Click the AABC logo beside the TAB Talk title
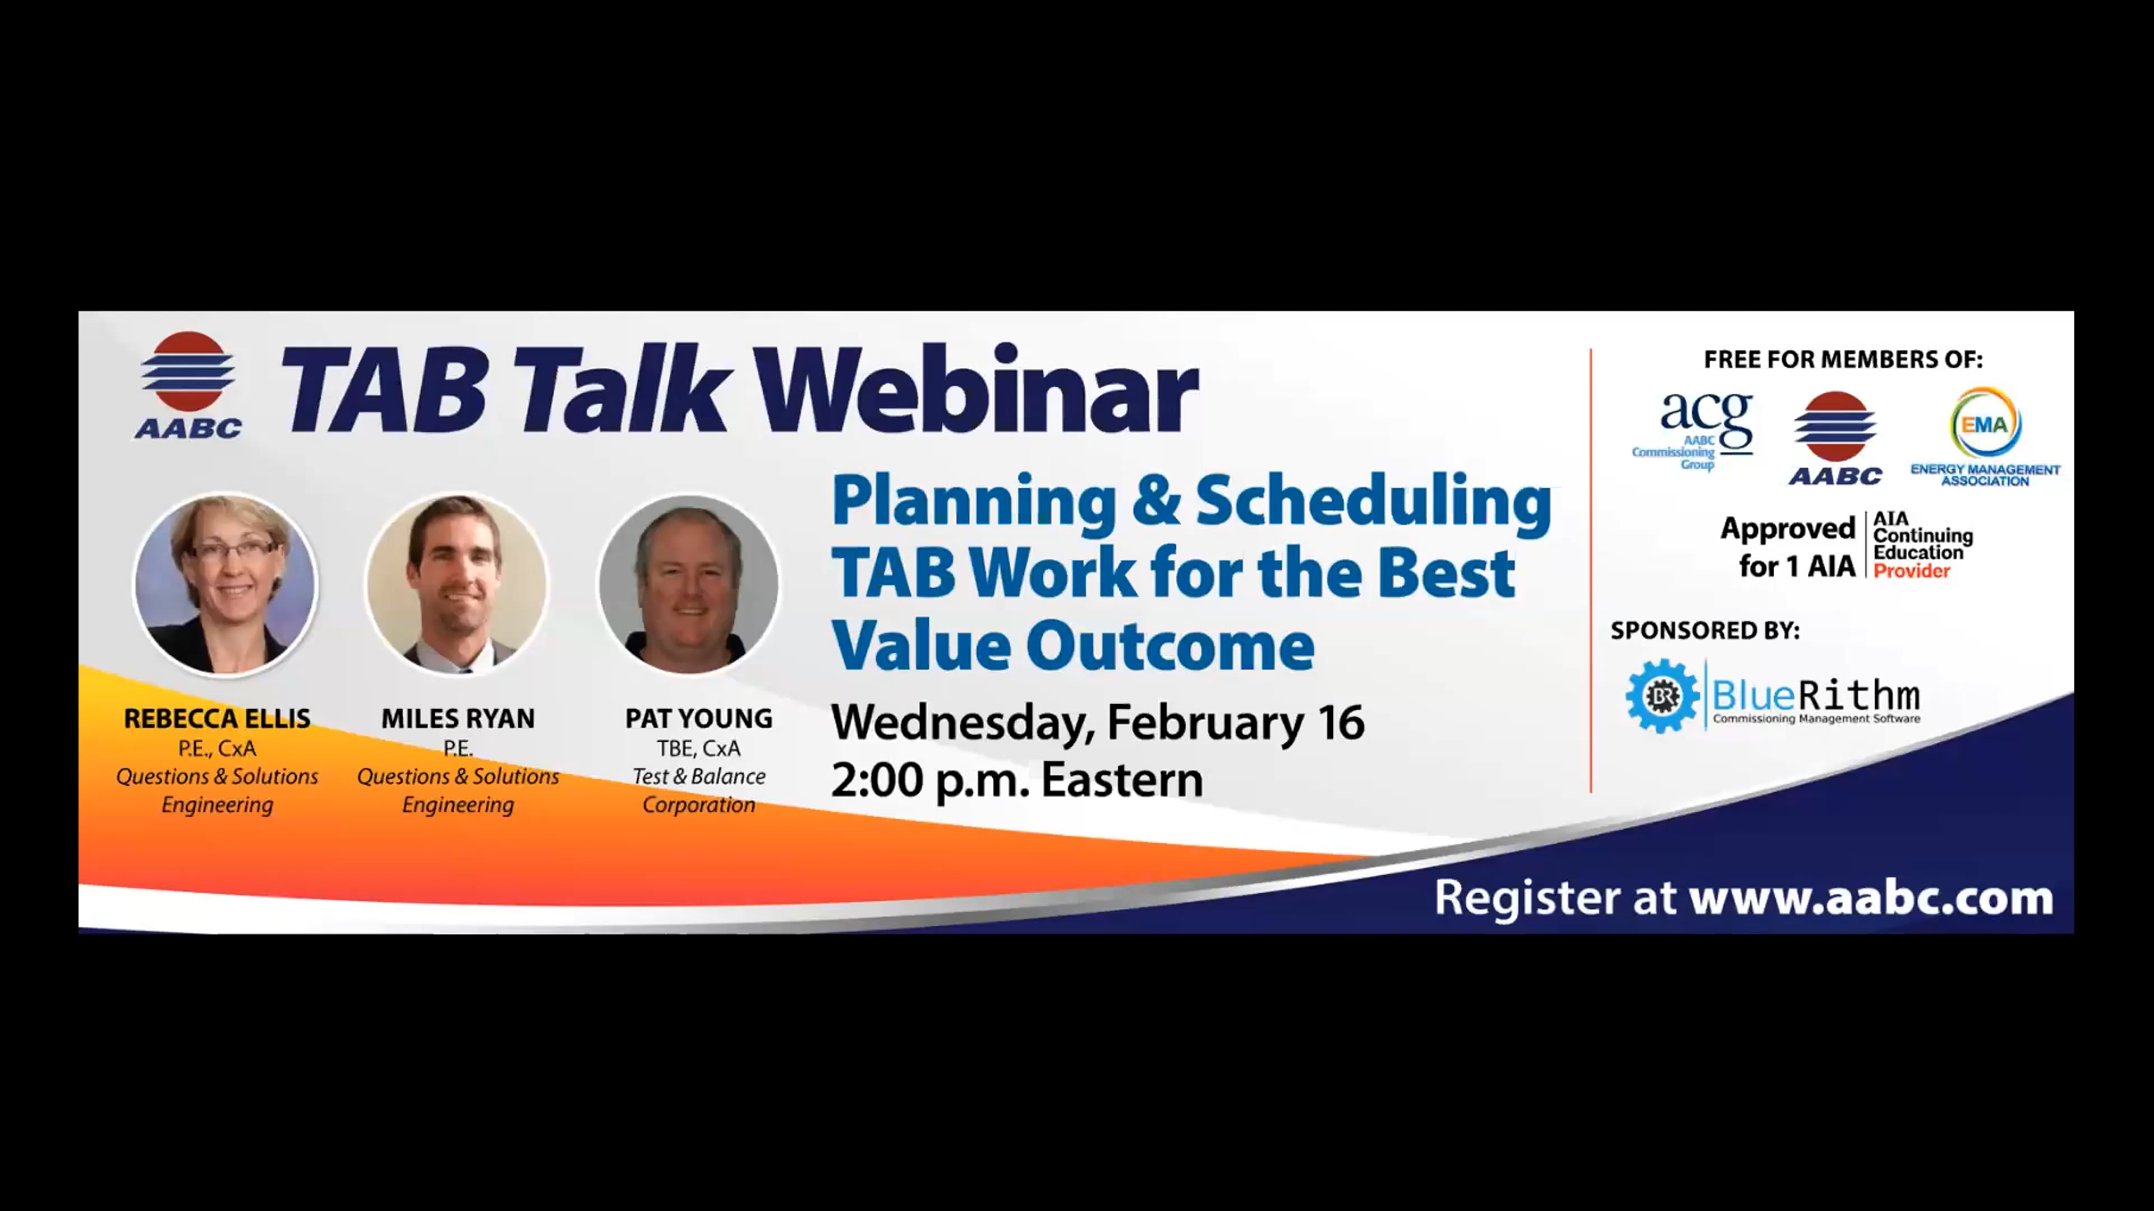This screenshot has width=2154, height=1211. coord(188,385)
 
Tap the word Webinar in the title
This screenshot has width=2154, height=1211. coord(976,390)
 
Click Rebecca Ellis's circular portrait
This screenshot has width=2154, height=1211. coord(225,583)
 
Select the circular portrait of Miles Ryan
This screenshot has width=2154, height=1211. coord(457,583)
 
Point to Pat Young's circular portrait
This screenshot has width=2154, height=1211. coord(689,583)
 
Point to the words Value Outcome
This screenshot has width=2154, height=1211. coord(1073,646)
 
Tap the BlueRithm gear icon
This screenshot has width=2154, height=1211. coord(1661,696)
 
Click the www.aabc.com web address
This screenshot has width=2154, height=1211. coord(1871,898)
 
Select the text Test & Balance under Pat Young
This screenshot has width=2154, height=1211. coord(698,776)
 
